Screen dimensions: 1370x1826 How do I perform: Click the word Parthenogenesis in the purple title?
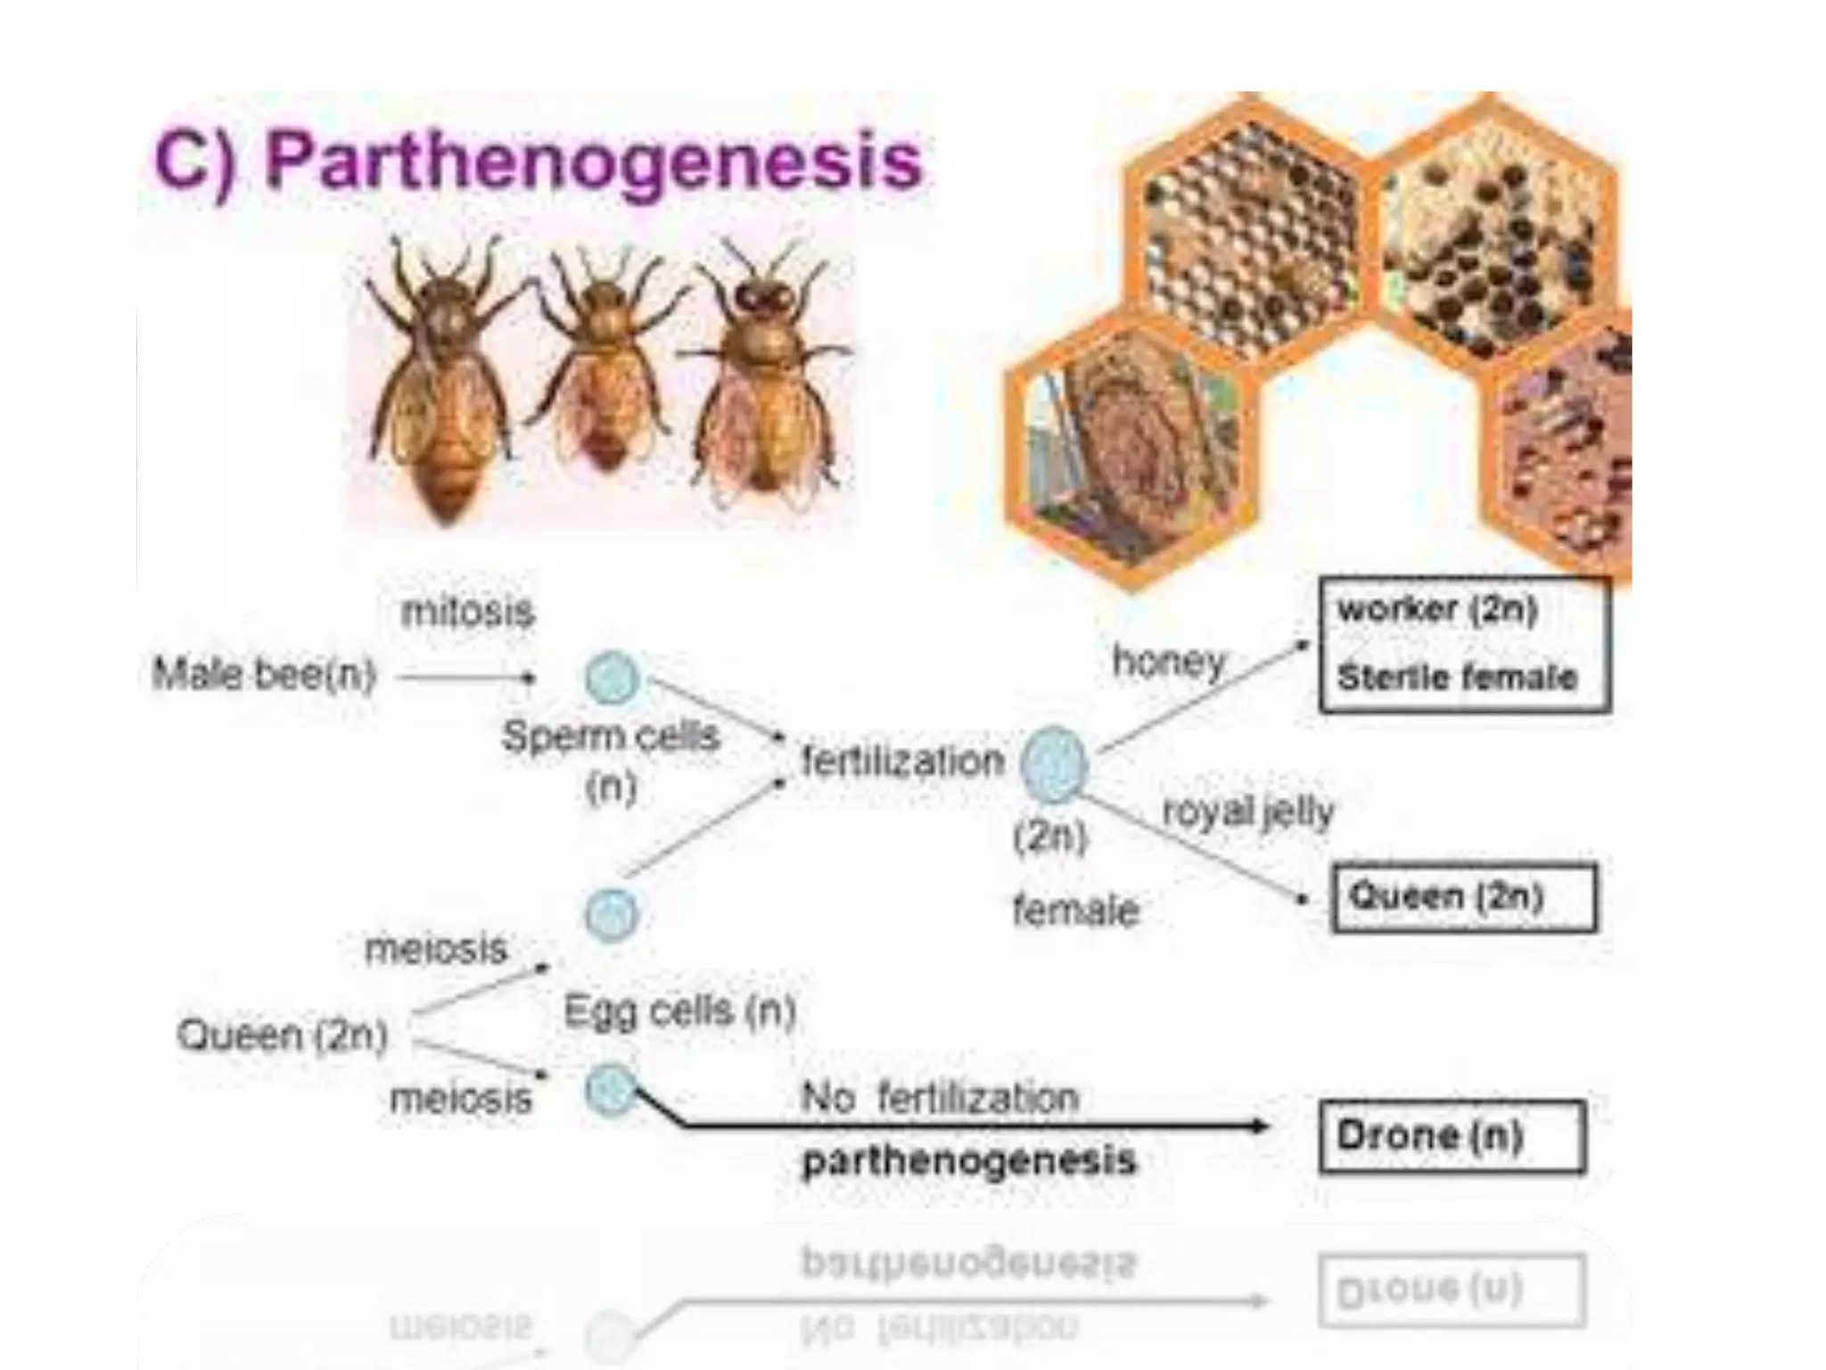coord(593,161)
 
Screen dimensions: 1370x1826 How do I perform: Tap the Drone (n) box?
coord(1452,1136)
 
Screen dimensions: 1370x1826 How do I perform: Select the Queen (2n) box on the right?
coord(1463,896)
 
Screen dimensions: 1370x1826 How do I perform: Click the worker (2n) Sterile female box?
coord(1464,644)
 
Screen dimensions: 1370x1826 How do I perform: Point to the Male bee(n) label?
coord(264,673)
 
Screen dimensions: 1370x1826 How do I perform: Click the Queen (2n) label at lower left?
coord(282,1035)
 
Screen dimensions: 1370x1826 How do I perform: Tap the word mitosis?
coord(467,612)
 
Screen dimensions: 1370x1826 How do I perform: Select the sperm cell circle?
coord(612,677)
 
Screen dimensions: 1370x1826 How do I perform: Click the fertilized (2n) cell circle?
coord(1054,763)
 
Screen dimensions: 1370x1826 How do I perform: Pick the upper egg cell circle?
coord(612,915)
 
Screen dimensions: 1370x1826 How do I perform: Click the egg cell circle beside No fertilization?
coord(611,1089)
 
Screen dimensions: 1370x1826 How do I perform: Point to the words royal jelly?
coord(1248,811)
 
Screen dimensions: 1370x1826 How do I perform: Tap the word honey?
coord(1169,661)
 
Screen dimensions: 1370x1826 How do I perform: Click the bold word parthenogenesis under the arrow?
coord(969,1160)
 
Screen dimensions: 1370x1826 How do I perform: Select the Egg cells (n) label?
coord(679,1011)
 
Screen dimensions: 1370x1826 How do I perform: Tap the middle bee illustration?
coord(604,366)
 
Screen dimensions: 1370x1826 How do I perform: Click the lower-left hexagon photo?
coord(1131,446)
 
